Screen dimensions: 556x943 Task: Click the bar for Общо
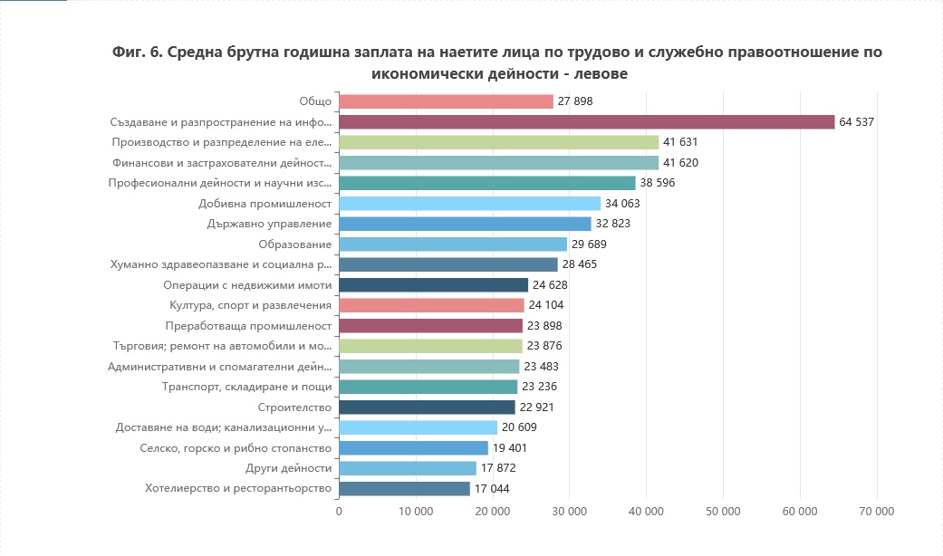[x=446, y=101]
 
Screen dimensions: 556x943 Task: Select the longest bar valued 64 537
[x=586, y=121]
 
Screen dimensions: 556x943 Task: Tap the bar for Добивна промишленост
[x=469, y=203]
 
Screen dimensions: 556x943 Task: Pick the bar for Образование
[x=453, y=244]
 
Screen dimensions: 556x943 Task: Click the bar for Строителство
[x=427, y=407]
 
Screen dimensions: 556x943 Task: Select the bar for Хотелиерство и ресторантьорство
[x=404, y=489]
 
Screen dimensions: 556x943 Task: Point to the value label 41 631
[x=680, y=142]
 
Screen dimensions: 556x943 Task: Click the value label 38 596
[x=658, y=183]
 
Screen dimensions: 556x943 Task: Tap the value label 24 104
[x=547, y=305]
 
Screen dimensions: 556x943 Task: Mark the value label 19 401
[x=511, y=448]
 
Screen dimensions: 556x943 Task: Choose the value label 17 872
[x=499, y=468]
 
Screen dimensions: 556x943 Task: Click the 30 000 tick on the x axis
[x=569, y=512]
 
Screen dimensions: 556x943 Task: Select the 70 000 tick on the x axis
[x=876, y=512]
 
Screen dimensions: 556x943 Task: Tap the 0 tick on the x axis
[x=339, y=512]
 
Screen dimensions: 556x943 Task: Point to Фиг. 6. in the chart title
[x=138, y=52]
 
